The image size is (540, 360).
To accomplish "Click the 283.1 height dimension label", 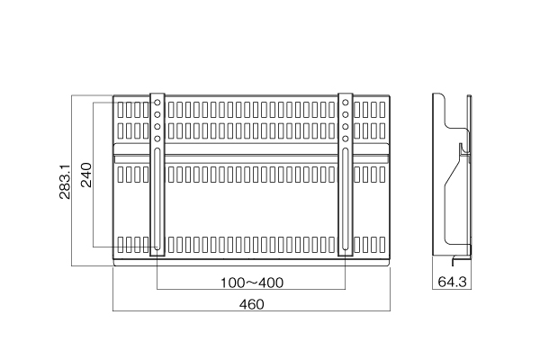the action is coord(65,181).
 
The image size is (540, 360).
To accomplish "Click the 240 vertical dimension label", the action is coord(86,175).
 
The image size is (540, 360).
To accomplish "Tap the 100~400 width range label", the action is coord(252,283).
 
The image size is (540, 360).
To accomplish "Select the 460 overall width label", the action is coord(252,304).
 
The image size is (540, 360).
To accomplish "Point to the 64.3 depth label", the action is coord(452,282).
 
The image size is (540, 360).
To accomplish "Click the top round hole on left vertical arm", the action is coord(157,103).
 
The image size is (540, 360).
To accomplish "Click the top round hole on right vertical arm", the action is coord(346,103).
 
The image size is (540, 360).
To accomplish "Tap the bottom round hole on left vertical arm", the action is coord(157,139).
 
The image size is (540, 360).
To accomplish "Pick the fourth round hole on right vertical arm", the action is coord(346,139).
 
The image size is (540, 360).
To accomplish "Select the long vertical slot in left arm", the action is coord(157,199).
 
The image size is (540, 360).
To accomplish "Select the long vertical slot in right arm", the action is coord(346,199).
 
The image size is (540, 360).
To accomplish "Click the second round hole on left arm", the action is coord(157,114).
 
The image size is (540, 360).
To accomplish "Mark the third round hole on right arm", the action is coord(346,127).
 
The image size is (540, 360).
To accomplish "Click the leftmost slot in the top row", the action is coord(121,110).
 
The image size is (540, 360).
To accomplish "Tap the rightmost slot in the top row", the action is coord(382,110).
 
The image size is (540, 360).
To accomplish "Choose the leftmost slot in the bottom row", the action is coord(121,245).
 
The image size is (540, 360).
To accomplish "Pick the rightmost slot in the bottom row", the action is coord(382,245).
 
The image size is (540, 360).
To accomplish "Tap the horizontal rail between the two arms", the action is coord(251,158).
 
